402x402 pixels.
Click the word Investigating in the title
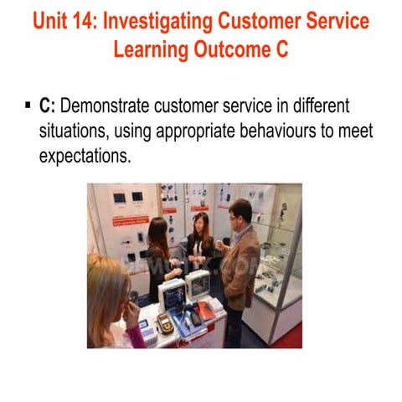(x=160, y=19)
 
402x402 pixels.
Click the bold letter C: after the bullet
(x=47, y=106)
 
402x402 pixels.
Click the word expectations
(x=85, y=155)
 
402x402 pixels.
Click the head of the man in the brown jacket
(x=240, y=212)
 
